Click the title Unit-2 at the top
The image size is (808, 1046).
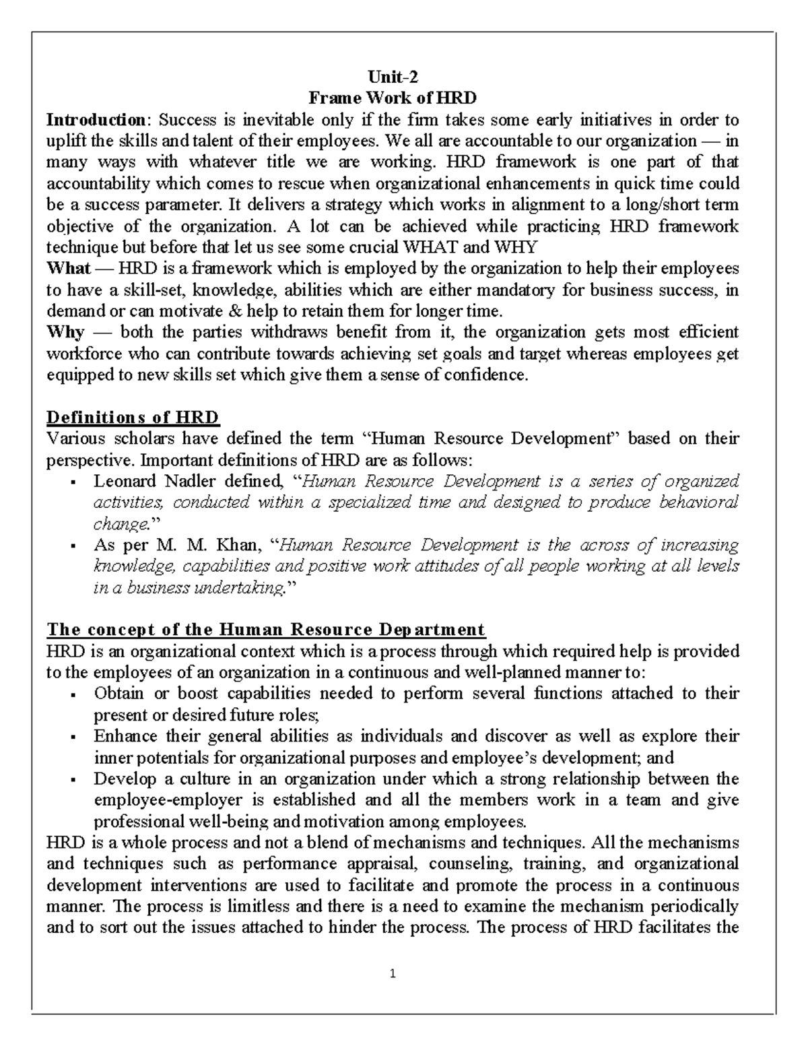click(x=392, y=77)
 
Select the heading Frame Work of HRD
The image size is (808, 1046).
click(x=392, y=98)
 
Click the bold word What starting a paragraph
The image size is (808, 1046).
click(x=68, y=268)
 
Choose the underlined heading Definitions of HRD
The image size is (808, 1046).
click(x=133, y=418)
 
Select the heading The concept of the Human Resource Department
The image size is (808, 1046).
click(x=265, y=630)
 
